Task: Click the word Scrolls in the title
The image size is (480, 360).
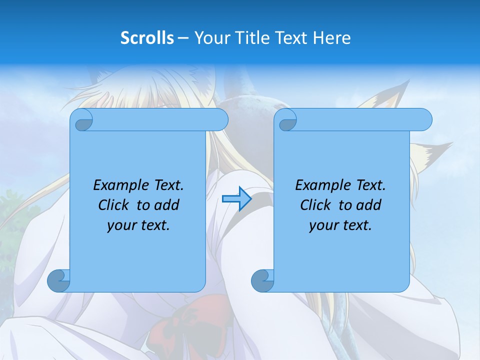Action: pyautogui.click(x=147, y=38)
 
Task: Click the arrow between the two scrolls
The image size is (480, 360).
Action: pyautogui.click(x=236, y=198)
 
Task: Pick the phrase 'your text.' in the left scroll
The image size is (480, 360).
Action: pyautogui.click(x=138, y=225)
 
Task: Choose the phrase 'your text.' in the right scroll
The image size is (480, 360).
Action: pyautogui.click(x=340, y=225)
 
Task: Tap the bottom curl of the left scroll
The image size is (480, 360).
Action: pyautogui.click(x=58, y=280)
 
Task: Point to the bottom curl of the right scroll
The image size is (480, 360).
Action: pyautogui.click(x=262, y=280)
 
